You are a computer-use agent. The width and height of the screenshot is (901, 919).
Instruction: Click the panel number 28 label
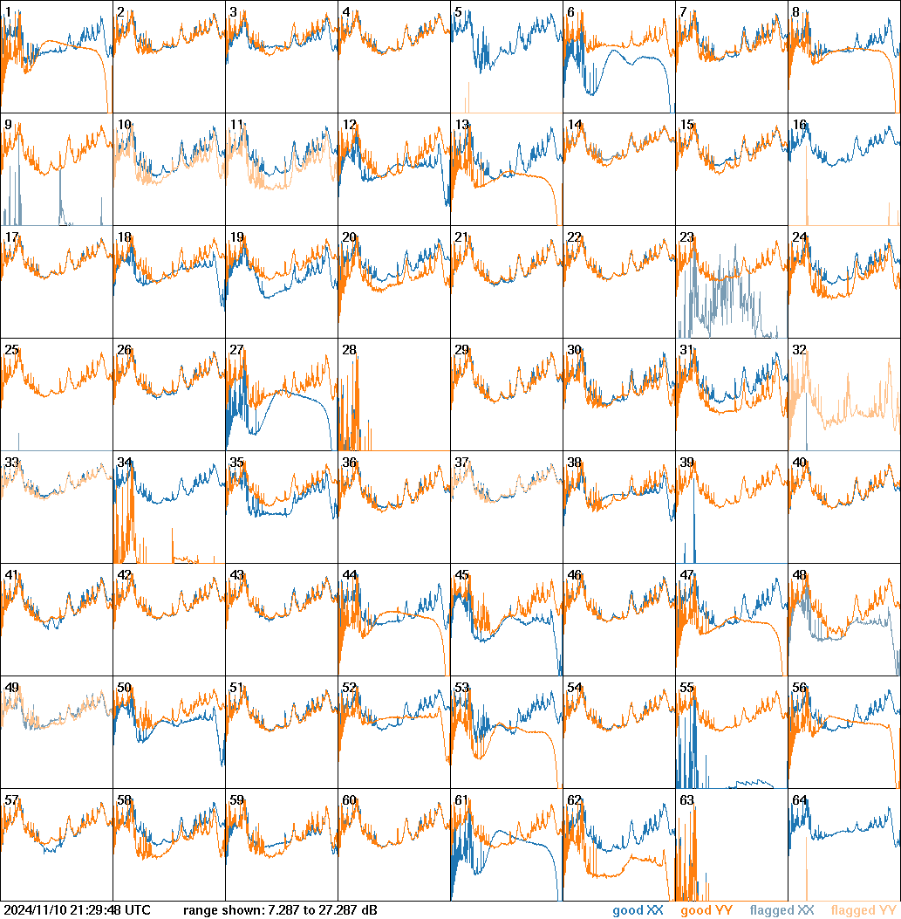pos(349,350)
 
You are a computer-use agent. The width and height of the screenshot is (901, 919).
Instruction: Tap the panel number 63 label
pos(686,800)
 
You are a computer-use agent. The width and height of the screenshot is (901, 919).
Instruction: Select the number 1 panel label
pos(8,12)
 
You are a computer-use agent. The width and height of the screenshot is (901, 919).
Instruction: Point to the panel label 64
pos(799,800)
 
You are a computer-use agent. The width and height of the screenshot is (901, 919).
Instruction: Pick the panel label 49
pos(11,688)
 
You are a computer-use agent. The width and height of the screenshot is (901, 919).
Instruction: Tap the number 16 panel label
pos(799,125)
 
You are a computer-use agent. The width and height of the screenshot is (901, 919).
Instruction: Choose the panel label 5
pos(458,12)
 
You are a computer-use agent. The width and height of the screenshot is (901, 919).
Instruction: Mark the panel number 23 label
pos(686,237)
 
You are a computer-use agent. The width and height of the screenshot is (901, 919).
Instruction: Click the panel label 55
pos(686,688)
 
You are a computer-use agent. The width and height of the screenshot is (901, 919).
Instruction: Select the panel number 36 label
pos(349,463)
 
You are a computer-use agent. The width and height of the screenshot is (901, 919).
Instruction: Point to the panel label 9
pos(8,125)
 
